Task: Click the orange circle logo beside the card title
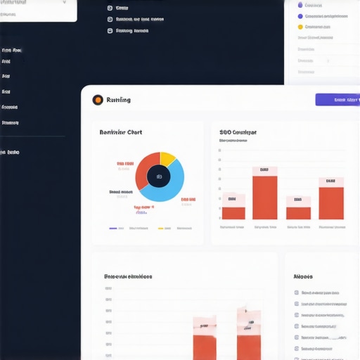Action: [x=97, y=100]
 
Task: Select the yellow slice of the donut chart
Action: [x=167, y=158]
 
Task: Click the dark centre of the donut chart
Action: [x=159, y=176]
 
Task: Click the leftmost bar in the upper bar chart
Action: [x=233, y=212]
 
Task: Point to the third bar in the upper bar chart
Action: [x=298, y=212]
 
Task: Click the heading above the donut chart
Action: [x=121, y=132]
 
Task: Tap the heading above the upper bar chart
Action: [x=238, y=131]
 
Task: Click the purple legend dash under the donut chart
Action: [x=112, y=229]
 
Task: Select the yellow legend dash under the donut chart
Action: [x=160, y=229]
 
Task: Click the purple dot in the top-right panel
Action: [x=300, y=15]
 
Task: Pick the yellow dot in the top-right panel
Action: [x=300, y=27]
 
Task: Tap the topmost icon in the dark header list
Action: [x=110, y=8]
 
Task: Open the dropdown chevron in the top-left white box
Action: [x=65, y=2]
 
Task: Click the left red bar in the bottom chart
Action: [x=205, y=345]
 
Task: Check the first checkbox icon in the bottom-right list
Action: [x=296, y=292]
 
